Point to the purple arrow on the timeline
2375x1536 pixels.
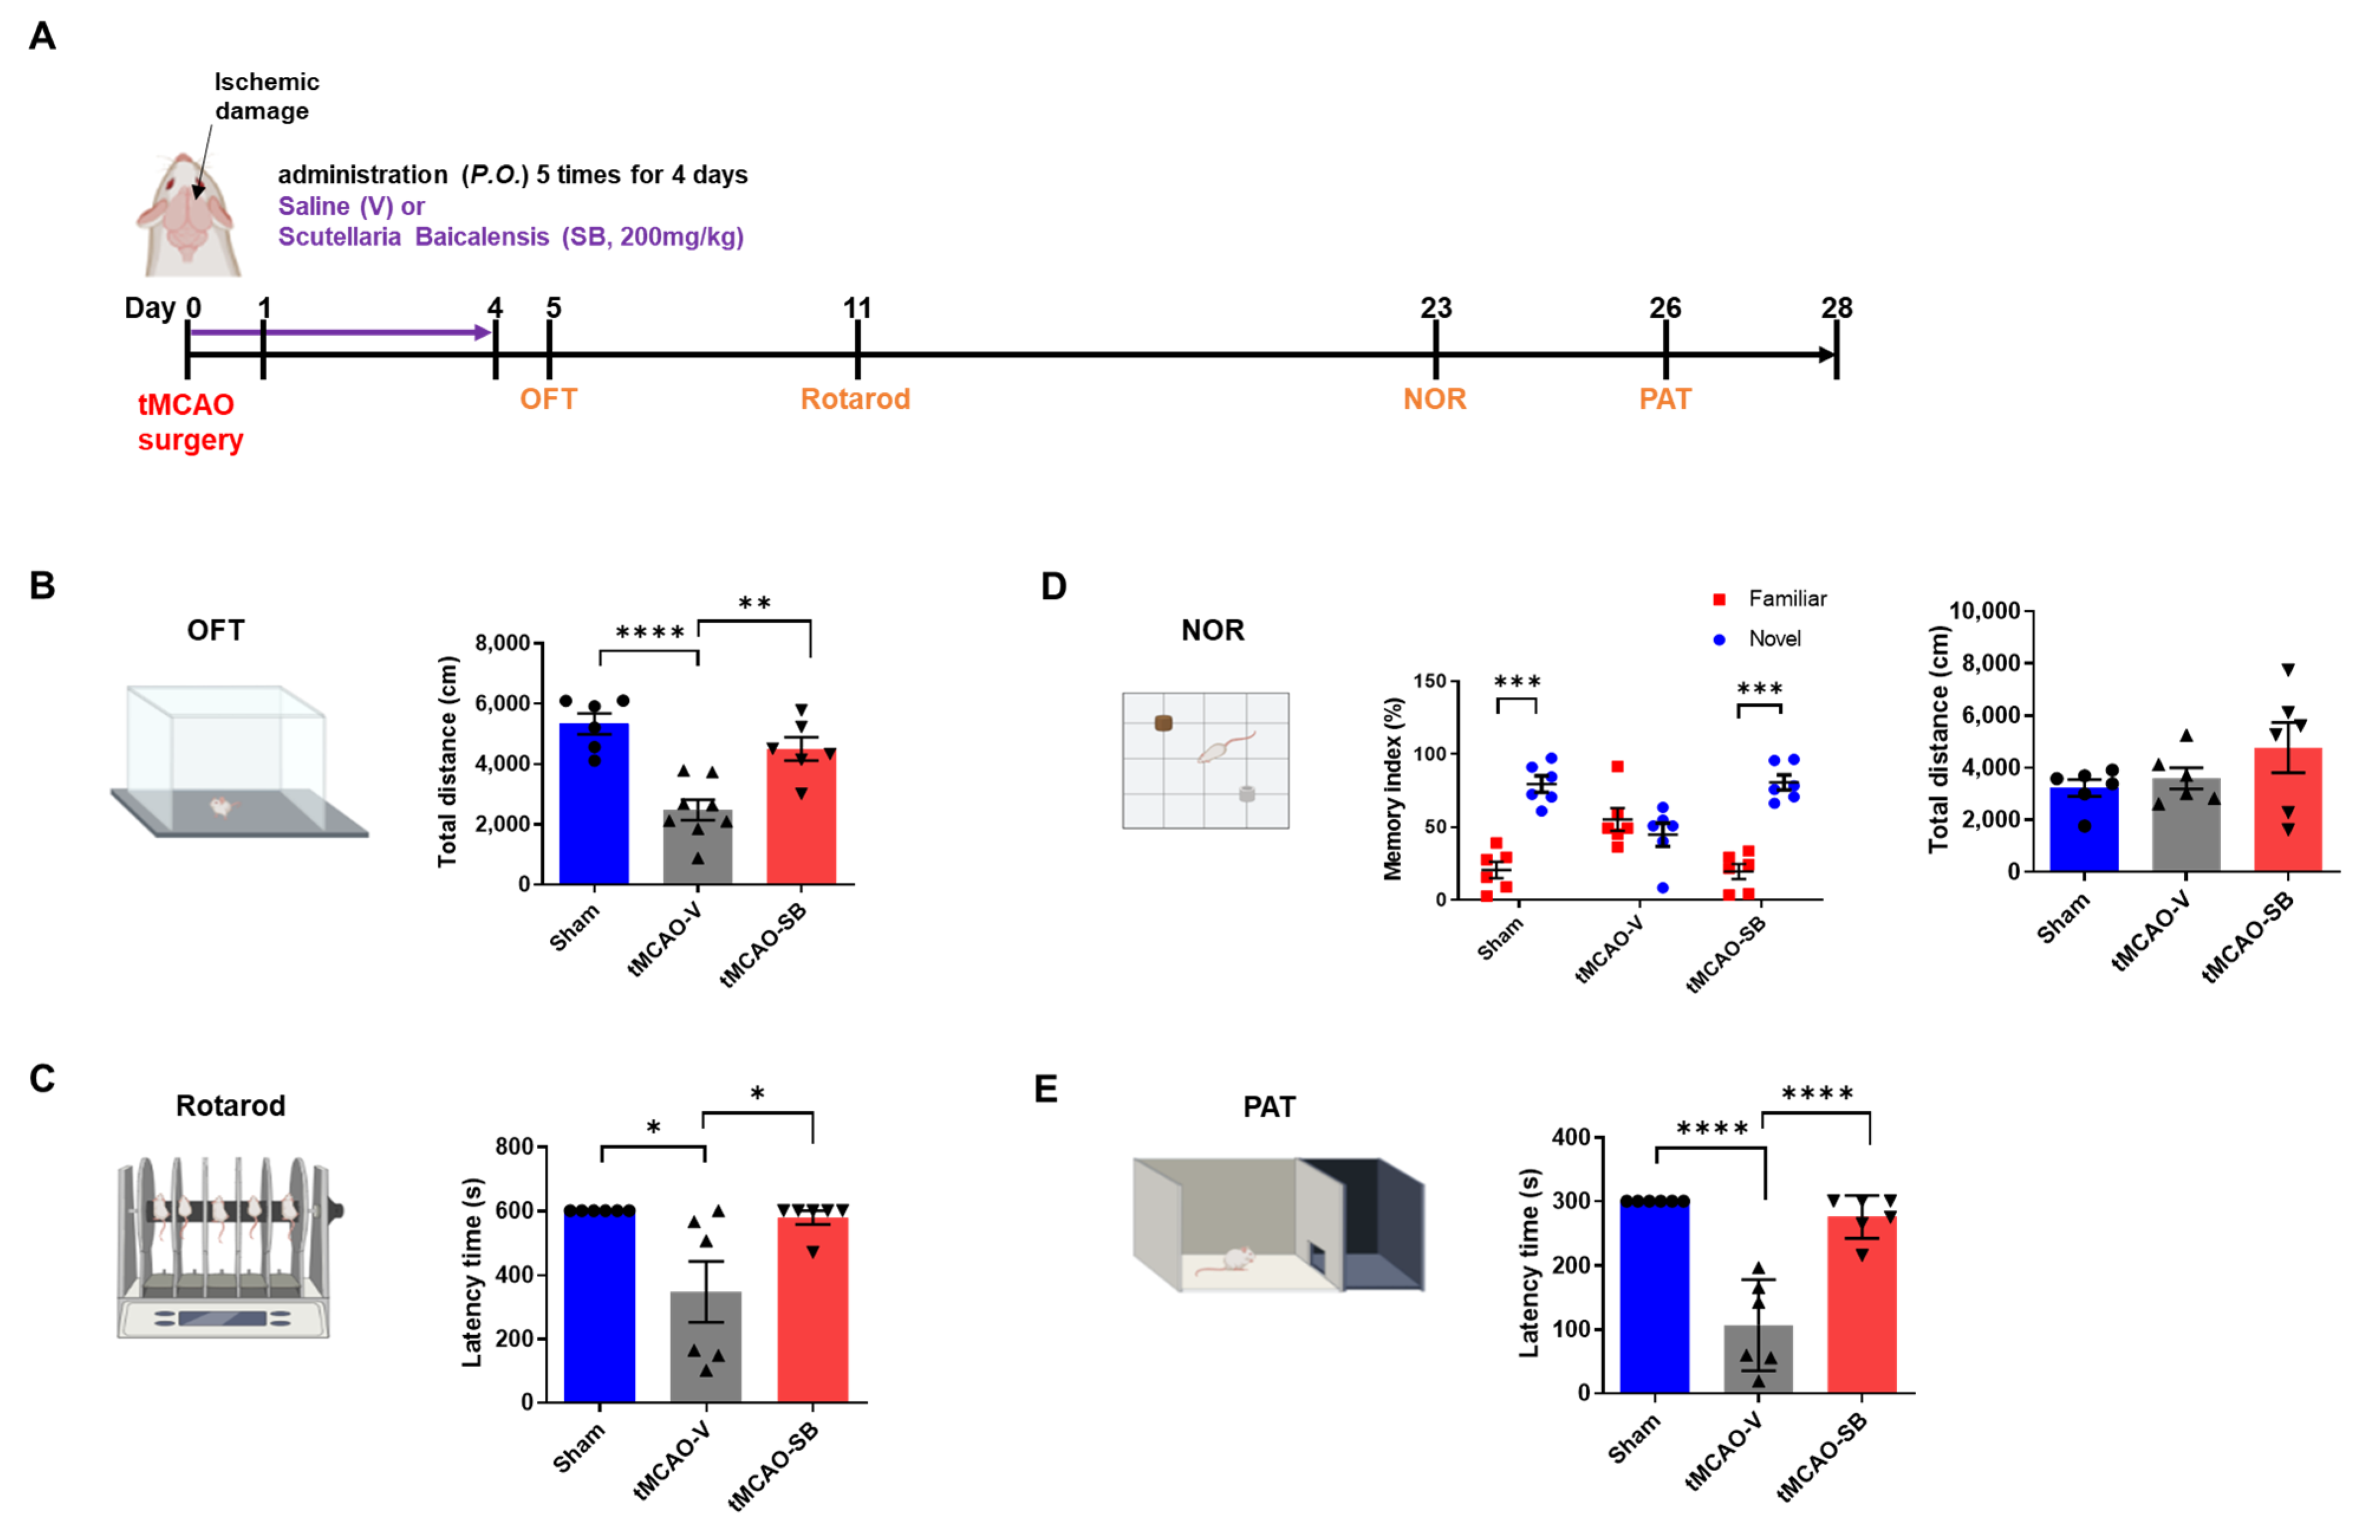[x=339, y=332]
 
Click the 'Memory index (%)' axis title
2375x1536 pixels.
[x=1393, y=788]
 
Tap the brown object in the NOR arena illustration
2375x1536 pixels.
[x=1162, y=722]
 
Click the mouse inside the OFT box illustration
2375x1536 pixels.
[x=220, y=805]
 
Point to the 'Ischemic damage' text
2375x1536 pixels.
[x=265, y=96]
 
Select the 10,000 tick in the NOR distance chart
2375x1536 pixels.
[x=1983, y=610]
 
